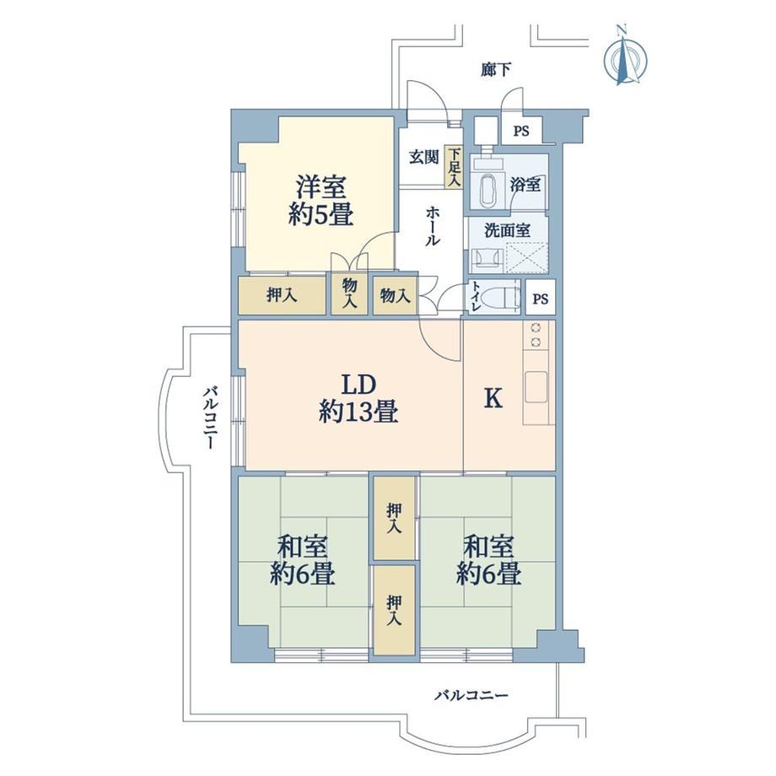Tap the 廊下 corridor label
495,70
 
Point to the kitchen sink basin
536,386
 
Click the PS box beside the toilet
541,298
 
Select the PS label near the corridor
520,131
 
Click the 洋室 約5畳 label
321,201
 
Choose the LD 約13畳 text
358,398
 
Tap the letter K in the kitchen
493,397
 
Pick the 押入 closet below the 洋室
282,295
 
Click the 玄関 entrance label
423,158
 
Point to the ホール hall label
432,226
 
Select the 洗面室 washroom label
507,230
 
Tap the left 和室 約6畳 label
302,560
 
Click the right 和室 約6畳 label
488,560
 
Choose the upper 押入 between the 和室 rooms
395,518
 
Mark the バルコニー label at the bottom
472,696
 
